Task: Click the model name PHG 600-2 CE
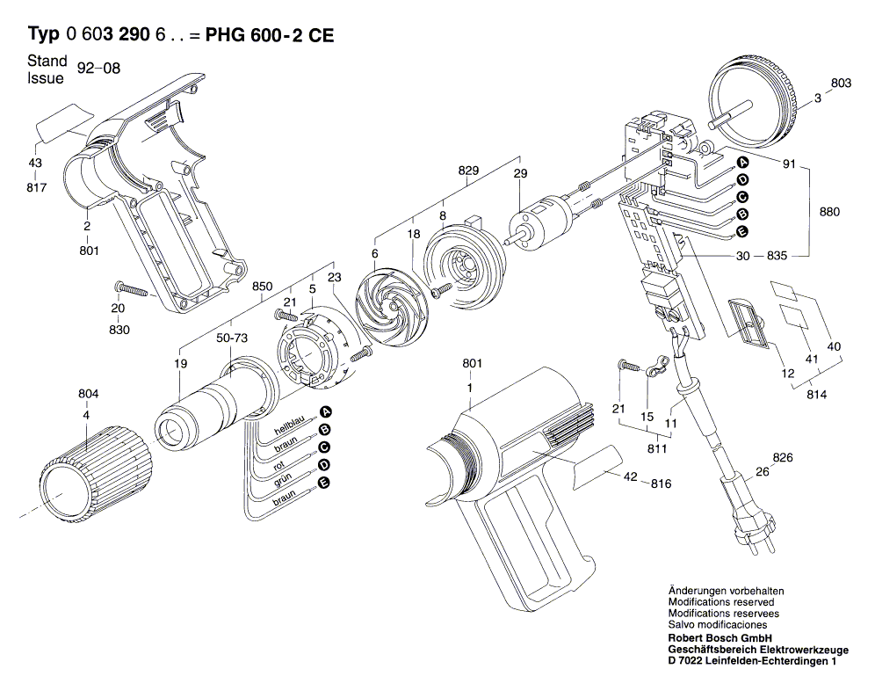coord(269,34)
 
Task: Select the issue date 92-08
coord(98,69)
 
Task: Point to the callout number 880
coord(828,212)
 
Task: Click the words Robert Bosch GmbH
coord(720,637)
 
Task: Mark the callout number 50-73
coord(232,338)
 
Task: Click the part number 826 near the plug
coord(783,458)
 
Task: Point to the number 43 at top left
coord(35,164)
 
